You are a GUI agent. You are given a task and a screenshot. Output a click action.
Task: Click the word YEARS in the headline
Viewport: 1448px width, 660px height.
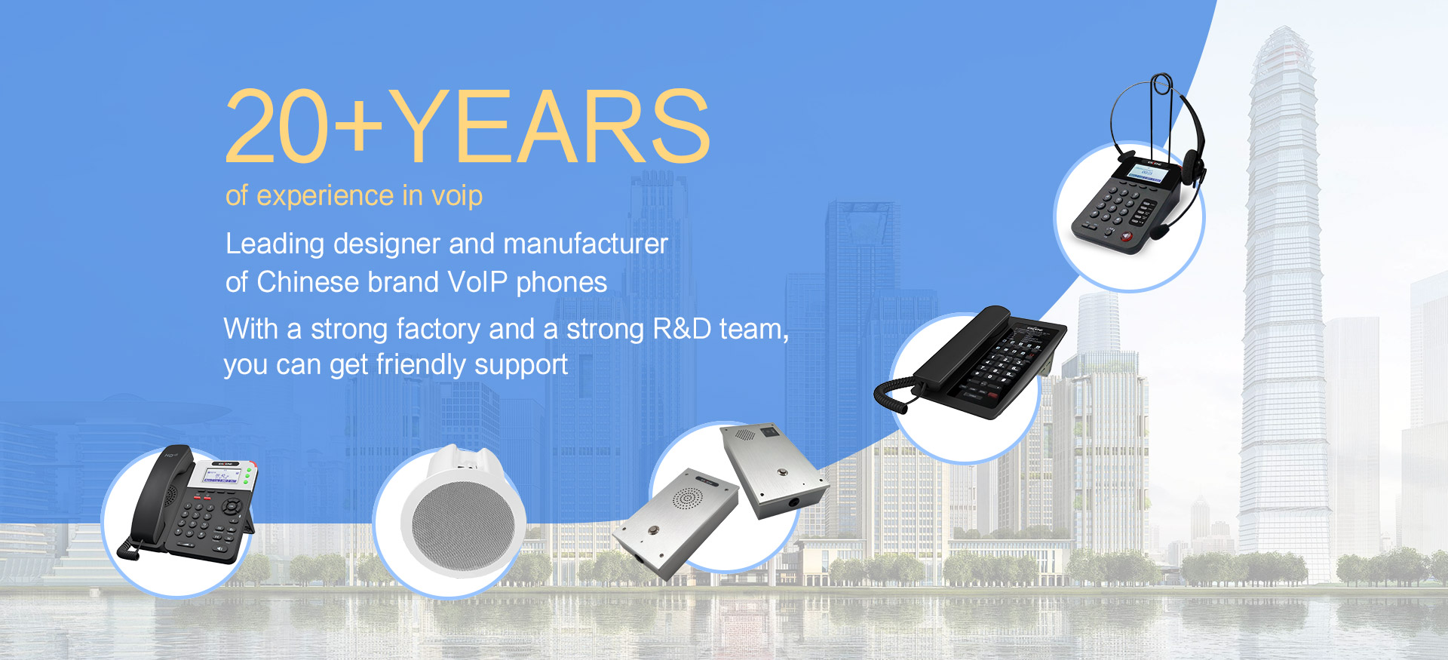click(x=549, y=126)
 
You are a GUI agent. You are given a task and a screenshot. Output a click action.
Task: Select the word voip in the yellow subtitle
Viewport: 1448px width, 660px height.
click(x=456, y=196)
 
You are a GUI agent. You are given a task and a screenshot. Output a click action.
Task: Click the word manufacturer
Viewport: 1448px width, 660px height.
click(x=585, y=244)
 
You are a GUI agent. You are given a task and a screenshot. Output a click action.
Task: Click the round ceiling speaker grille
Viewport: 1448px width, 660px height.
click(x=463, y=523)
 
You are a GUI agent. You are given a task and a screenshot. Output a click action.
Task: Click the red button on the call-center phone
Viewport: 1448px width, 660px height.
click(x=1127, y=237)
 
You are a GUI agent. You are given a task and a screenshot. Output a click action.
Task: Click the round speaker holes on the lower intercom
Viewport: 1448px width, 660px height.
click(x=687, y=498)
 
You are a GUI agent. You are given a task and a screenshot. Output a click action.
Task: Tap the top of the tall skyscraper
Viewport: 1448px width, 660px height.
click(x=1284, y=30)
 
